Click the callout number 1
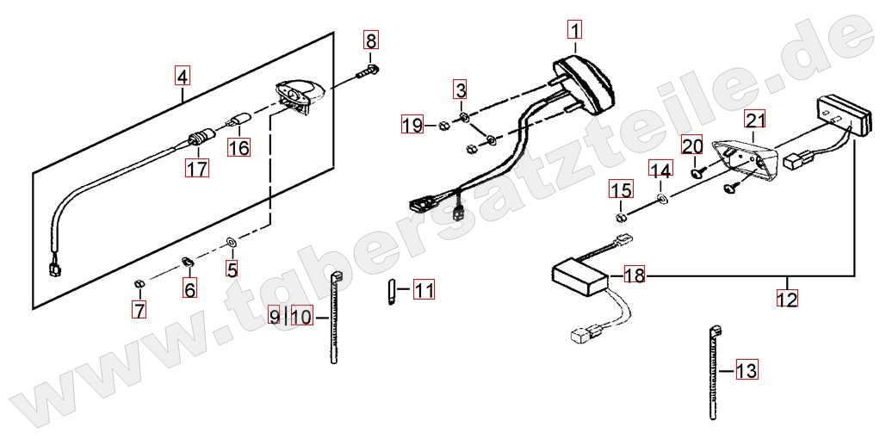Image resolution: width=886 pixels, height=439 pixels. click(574, 28)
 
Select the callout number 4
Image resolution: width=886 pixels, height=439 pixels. click(182, 75)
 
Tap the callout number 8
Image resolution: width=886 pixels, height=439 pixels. click(370, 40)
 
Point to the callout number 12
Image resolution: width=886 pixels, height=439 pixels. click(787, 298)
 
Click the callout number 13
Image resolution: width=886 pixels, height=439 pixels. click(747, 371)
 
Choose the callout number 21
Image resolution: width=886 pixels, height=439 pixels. click(755, 121)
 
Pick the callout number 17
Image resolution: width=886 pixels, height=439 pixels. click(198, 168)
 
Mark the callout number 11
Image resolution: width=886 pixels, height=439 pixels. click(424, 290)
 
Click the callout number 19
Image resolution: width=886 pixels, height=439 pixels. click(412, 124)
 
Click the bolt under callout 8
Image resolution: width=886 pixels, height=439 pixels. click(368, 71)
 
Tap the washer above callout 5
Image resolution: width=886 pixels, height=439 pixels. click(231, 243)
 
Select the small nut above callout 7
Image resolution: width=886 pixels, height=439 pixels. click(139, 282)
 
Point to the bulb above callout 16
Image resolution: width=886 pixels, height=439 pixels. click(239, 120)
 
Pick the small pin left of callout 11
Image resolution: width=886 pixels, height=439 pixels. click(391, 292)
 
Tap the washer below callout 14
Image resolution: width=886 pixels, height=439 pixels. click(661, 198)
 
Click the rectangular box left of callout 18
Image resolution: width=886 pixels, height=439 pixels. click(581, 277)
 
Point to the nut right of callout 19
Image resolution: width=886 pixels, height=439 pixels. click(444, 127)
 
